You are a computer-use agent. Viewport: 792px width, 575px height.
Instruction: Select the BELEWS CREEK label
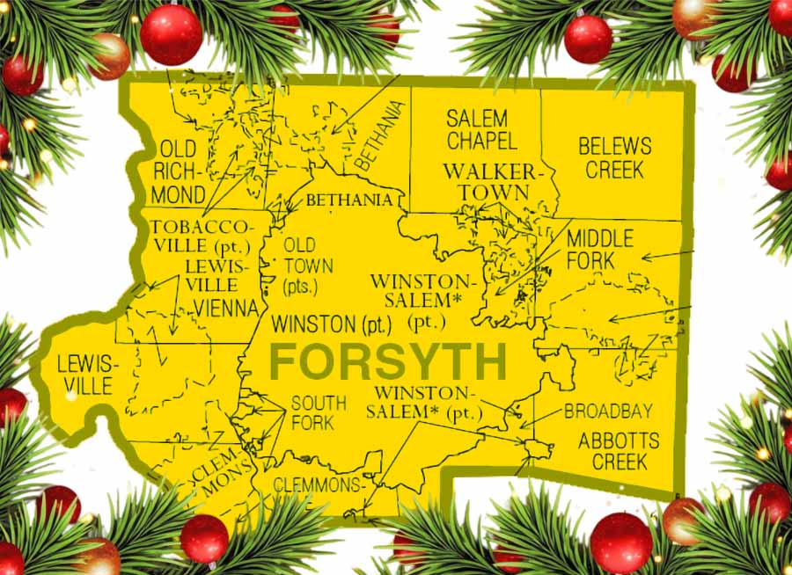pos(614,157)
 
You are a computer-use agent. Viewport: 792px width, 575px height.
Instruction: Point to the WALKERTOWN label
pos(487,181)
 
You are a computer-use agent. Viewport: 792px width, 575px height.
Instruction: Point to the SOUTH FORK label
pos(318,412)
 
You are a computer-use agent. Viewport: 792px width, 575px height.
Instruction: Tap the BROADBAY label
pos(608,411)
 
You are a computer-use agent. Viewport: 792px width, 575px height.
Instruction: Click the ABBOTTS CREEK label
pos(612,451)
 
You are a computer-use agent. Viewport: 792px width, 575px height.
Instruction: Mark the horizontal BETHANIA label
pos(348,200)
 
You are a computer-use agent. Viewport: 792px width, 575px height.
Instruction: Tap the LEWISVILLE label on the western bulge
pos(84,375)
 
